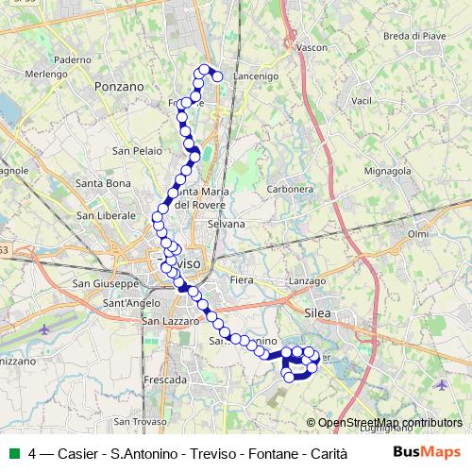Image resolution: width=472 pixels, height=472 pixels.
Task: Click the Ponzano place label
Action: (x=119, y=86)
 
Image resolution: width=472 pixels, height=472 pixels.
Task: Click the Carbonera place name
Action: (x=290, y=189)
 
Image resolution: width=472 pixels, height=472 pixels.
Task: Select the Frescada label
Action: (x=163, y=379)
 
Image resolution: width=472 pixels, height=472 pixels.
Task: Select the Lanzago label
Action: (x=307, y=282)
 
